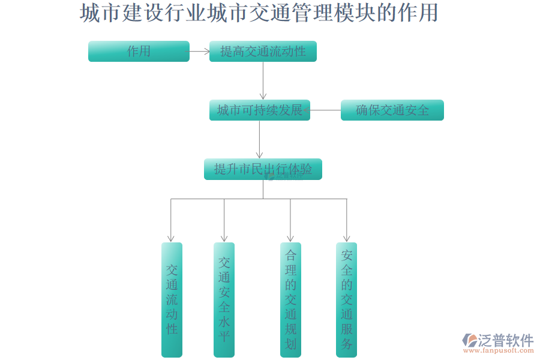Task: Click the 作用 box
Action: pyautogui.click(x=139, y=52)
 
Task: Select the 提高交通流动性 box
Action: pyautogui.click(x=263, y=52)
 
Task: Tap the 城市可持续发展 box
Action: pyautogui.click(x=259, y=110)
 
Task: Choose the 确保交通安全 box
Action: pyautogui.click(x=392, y=110)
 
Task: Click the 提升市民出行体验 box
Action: pyautogui.click(x=263, y=169)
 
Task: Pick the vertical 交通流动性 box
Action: pyautogui.click(x=172, y=299)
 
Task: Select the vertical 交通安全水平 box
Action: pyautogui.click(x=224, y=299)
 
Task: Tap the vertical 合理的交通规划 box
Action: pyautogui.click(x=290, y=299)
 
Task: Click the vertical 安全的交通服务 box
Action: pyautogui.click(x=347, y=299)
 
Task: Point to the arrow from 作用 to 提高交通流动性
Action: pyautogui.click(x=199, y=52)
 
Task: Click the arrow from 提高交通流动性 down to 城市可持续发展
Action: pyautogui.click(x=263, y=80)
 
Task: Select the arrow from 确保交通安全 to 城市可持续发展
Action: pyautogui.click(x=325, y=110)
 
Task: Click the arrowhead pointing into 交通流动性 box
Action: pyautogui.click(x=171, y=238)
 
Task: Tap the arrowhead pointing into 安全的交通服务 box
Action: pyautogui.click(x=346, y=238)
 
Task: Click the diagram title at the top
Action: pyautogui.click(x=259, y=13)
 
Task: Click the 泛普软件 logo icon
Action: pyautogui.click(x=469, y=340)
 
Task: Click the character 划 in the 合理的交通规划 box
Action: pyautogui.click(x=290, y=344)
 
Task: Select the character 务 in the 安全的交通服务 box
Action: pyautogui.click(x=347, y=344)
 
